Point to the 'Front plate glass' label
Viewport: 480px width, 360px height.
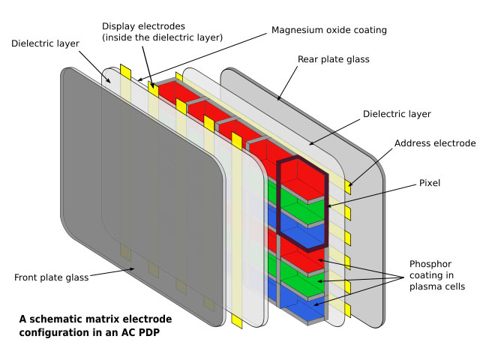pyautogui.click(x=51, y=277)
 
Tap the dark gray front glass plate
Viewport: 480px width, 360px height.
pyautogui.click(x=142, y=195)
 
